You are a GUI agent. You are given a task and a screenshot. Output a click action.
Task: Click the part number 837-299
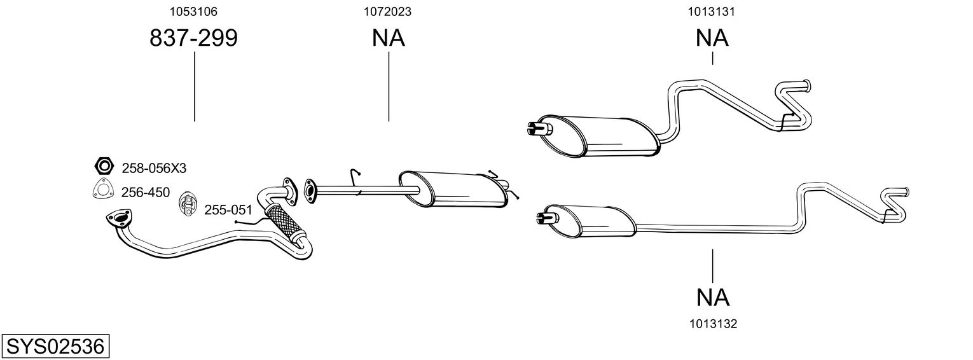coord(194,38)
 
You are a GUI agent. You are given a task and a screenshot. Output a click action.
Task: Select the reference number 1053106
coord(193,11)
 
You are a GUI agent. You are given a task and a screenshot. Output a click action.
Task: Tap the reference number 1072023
coord(387,11)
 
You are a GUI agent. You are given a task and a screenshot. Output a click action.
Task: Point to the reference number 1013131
coord(711,11)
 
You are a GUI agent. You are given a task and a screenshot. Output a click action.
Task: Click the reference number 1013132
coord(714,324)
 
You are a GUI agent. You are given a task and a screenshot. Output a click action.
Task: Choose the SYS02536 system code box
coord(55,347)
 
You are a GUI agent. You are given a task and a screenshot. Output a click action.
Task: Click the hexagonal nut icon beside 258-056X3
coord(104,166)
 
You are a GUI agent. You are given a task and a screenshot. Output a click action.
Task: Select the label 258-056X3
coord(154,169)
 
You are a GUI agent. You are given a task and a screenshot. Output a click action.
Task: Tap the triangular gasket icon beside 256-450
coord(103,190)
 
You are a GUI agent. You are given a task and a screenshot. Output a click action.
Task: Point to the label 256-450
coord(146,192)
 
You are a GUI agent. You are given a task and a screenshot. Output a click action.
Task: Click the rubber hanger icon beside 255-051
coord(187,204)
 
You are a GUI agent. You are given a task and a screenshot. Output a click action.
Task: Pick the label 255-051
coord(228,210)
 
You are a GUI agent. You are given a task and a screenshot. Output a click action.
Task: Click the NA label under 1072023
coord(389,38)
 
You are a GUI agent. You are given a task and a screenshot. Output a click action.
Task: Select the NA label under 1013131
coord(712,38)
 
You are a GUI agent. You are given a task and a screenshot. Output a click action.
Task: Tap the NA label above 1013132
coord(713,298)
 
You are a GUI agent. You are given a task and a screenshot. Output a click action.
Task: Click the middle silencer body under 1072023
coord(453,189)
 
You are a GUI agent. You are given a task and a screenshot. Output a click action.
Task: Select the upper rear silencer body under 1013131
coord(598,136)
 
